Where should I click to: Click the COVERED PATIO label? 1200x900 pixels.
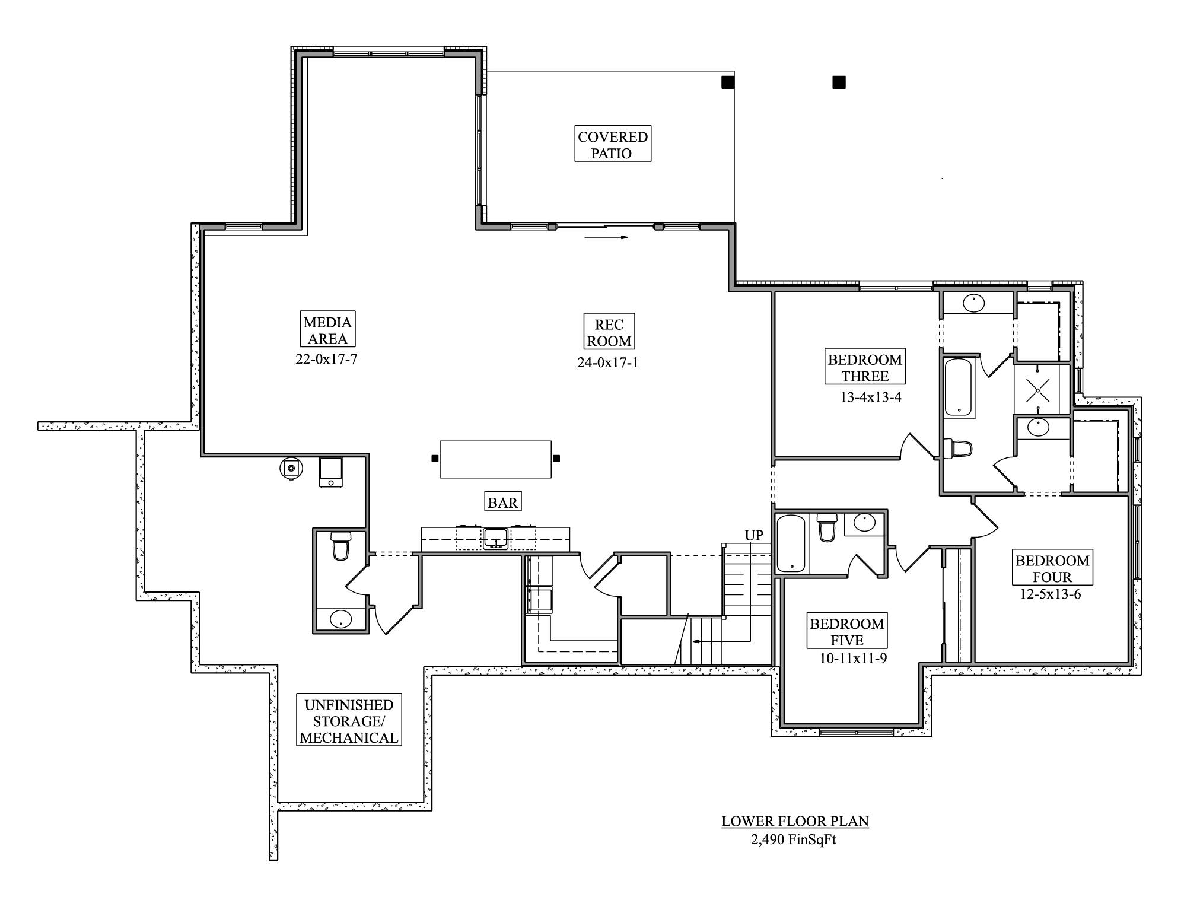[x=612, y=144]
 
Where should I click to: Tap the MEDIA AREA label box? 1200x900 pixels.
[x=327, y=330]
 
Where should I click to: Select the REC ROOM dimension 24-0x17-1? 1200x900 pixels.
[x=608, y=362]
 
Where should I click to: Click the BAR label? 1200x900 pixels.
[x=502, y=503]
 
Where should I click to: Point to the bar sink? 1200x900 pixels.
[x=495, y=538]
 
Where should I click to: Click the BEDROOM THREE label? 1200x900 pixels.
[x=865, y=367]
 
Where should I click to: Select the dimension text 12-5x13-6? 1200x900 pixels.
[x=1050, y=594]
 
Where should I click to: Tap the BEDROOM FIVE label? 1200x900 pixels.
[x=846, y=632]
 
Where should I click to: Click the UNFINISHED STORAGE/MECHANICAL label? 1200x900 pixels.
[x=349, y=721]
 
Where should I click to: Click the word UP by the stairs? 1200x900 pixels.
[x=753, y=535]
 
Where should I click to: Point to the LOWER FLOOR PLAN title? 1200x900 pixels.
[x=795, y=821]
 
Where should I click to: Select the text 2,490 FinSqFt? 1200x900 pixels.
[x=793, y=839]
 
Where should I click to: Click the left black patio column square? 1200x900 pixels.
[x=728, y=82]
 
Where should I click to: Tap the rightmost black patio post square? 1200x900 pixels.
[x=838, y=82]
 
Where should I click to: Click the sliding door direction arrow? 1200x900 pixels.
[x=606, y=237]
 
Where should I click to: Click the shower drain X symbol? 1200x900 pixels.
[x=1038, y=390]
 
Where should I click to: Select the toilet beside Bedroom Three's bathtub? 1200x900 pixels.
[x=957, y=449]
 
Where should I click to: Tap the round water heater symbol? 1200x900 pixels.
[x=291, y=468]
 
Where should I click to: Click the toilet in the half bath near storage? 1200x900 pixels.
[x=340, y=546]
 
